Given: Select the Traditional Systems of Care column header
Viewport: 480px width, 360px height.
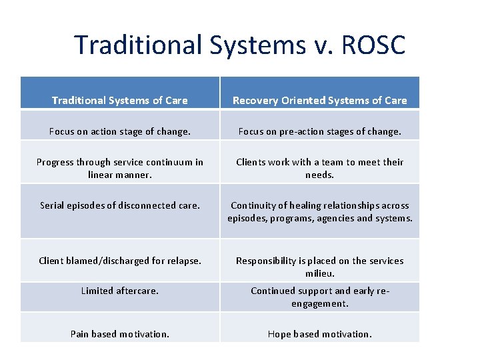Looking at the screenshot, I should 120,101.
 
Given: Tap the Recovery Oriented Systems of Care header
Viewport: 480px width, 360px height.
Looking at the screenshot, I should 319,101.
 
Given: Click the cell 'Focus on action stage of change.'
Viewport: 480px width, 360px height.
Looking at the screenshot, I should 120,132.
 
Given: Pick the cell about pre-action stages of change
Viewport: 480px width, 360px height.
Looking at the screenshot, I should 319,132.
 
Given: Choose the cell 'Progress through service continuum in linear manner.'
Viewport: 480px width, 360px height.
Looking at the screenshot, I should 120,168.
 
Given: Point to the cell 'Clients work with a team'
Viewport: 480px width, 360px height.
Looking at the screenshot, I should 319,168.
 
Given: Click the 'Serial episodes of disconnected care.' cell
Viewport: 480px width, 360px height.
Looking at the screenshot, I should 120,205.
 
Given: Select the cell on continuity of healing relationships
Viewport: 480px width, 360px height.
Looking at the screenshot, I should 319,212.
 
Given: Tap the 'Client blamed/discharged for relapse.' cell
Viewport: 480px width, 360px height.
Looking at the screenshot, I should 120,261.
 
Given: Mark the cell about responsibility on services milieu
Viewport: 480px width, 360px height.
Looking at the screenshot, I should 319,267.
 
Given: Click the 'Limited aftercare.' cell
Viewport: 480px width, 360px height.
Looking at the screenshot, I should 120,291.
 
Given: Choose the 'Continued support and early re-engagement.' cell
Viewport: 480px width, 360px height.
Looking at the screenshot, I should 319,297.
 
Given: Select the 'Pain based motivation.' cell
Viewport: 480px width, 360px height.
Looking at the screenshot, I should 120,334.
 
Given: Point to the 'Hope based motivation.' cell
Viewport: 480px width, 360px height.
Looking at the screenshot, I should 319,334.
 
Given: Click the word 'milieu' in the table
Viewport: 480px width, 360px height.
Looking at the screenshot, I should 320,273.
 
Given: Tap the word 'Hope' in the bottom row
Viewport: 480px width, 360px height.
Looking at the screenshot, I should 279,334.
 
